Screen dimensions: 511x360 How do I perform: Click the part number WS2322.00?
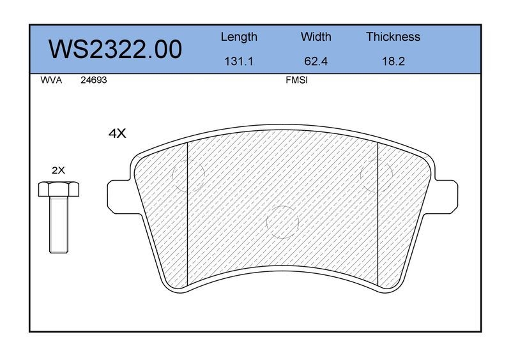click(115, 49)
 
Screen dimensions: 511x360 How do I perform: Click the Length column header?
click(239, 37)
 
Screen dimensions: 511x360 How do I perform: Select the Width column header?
click(316, 36)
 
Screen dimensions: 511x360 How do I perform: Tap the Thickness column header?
click(393, 36)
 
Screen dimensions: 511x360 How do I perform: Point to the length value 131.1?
click(238, 61)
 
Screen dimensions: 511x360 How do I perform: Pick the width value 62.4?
click(316, 61)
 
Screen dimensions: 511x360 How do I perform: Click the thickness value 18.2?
click(393, 61)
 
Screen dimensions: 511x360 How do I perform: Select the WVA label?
click(51, 80)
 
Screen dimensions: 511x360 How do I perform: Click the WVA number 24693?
click(93, 80)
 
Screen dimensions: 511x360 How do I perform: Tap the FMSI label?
click(296, 80)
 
